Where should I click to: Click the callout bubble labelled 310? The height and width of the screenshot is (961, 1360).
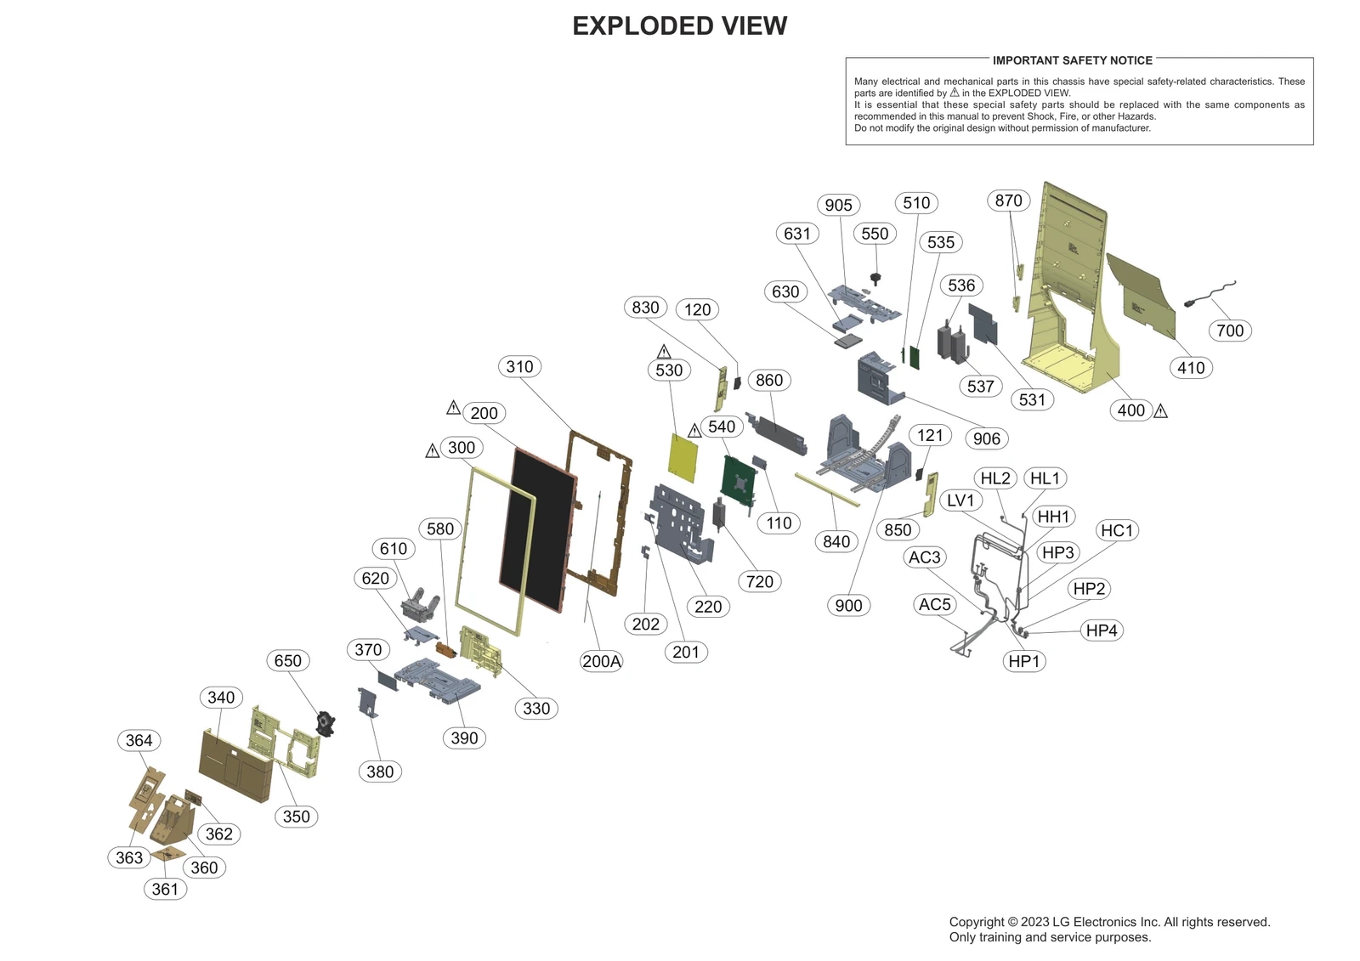(519, 367)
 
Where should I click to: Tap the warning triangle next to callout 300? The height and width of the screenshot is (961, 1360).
(432, 450)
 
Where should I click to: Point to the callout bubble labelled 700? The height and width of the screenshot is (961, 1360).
(1229, 331)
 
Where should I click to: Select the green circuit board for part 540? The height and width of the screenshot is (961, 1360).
(738, 480)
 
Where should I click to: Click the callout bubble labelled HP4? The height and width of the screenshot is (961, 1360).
(1101, 630)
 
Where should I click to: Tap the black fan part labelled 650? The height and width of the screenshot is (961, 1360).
(325, 723)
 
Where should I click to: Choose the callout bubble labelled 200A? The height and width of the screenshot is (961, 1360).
(601, 661)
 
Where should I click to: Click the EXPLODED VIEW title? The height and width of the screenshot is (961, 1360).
(679, 26)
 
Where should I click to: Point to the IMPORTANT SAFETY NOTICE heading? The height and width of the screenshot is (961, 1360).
(1072, 60)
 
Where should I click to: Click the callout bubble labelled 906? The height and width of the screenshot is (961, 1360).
(986, 438)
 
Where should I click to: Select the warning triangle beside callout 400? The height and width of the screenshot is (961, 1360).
(1160, 411)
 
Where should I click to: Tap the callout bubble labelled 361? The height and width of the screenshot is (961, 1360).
(165, 889)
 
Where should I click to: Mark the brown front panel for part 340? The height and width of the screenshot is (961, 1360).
(235, 765)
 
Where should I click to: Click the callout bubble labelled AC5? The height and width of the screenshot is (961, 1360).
(934, 604)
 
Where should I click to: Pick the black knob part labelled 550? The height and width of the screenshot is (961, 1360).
(875, 278)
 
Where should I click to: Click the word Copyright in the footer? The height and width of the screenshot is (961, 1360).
(977, 922)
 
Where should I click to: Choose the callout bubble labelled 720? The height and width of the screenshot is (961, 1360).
(759, 581)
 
